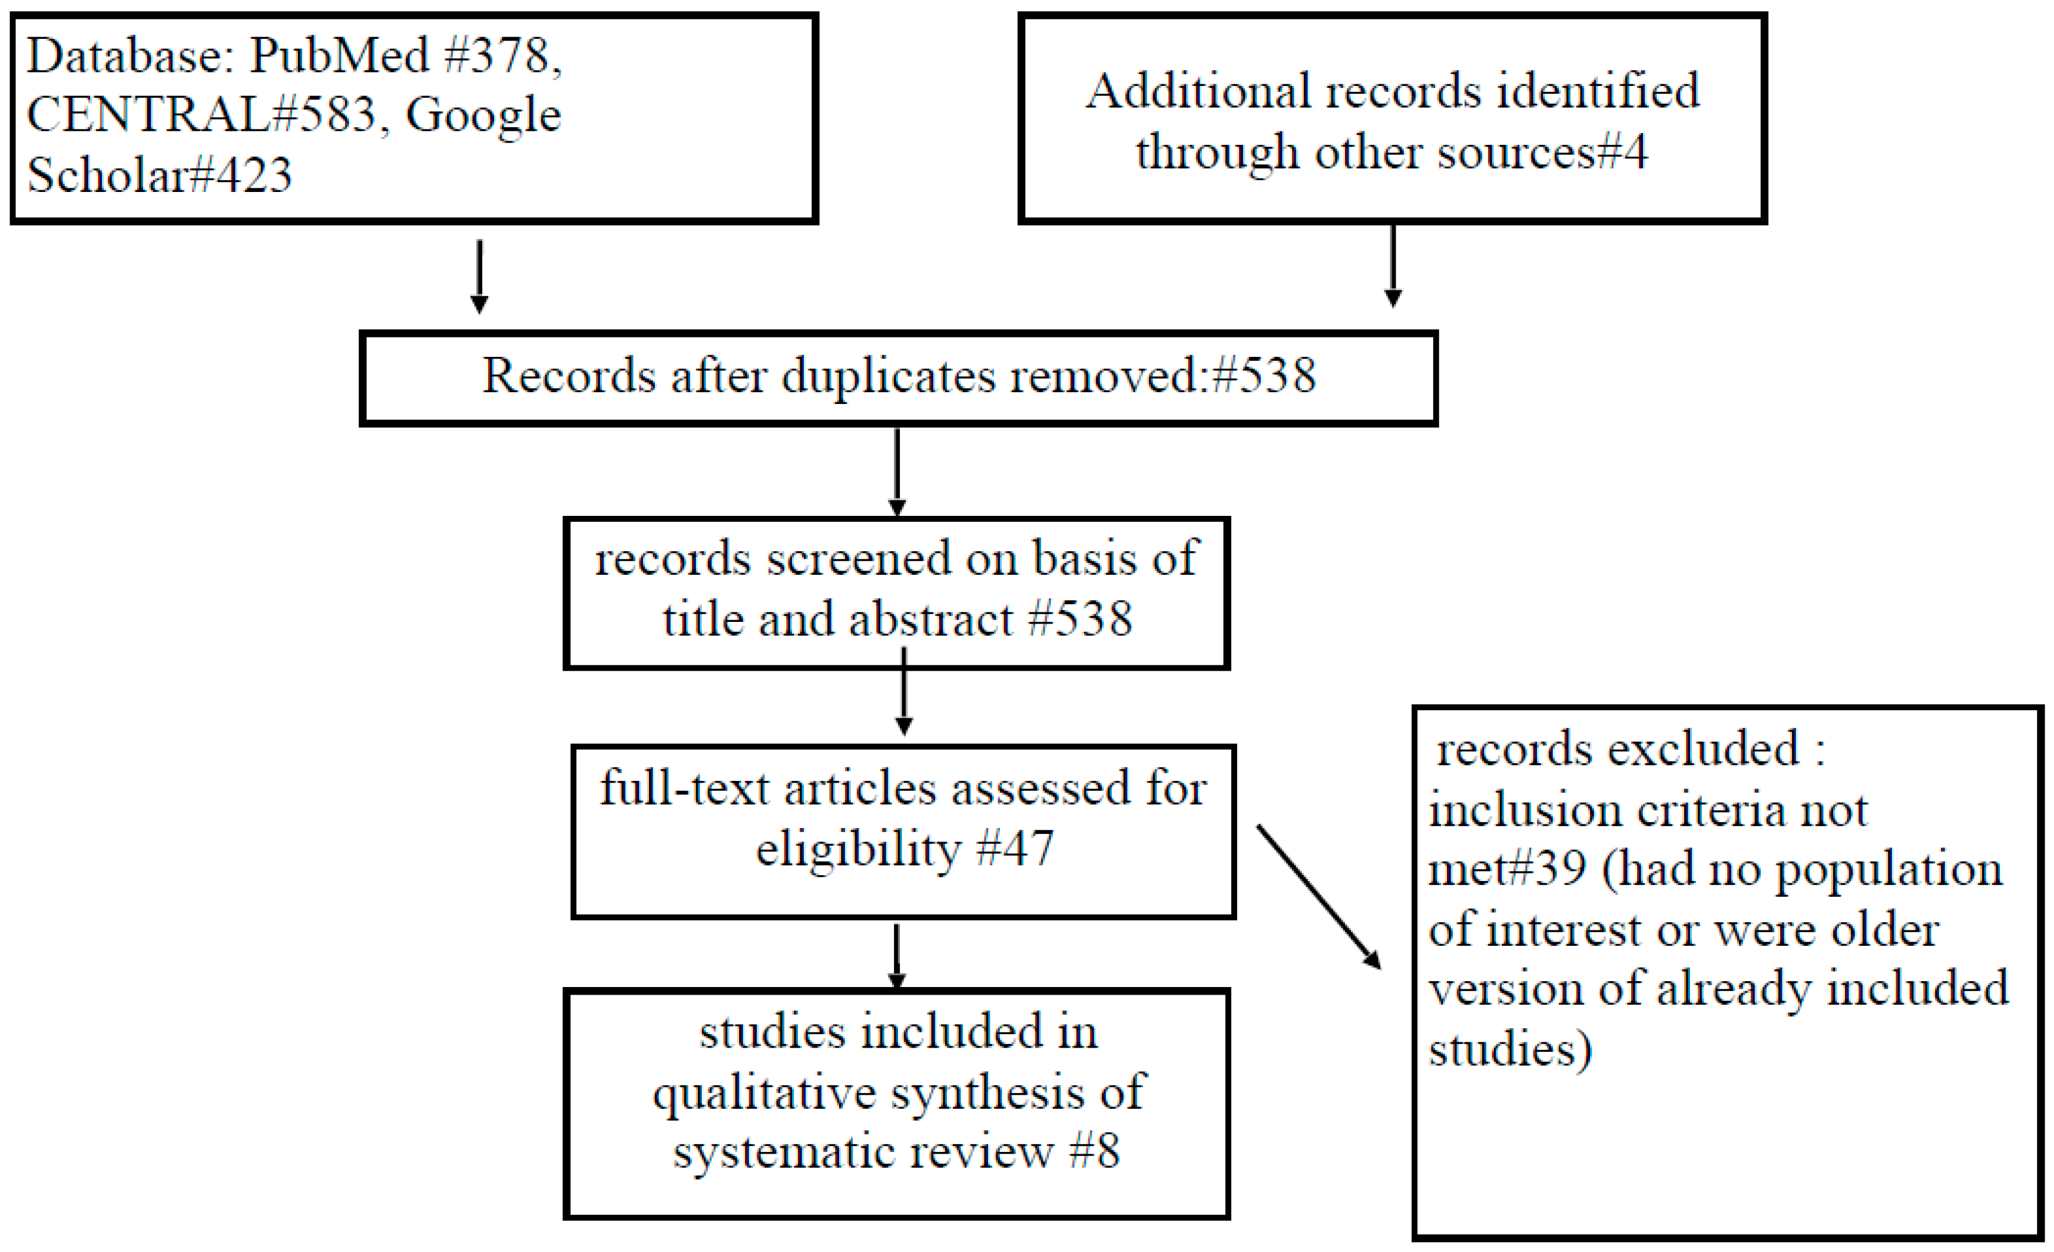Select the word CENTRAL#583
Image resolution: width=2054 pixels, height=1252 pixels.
tap(201, 115)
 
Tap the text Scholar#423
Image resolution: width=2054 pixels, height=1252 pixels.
tap(159, 175)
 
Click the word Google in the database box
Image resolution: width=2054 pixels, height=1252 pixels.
tap(483, 115)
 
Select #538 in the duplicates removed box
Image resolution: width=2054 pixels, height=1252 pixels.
tap(1264, 375)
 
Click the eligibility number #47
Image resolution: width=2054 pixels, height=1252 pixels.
tap(1015, 849)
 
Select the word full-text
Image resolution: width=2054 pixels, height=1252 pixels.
tap(684, 789)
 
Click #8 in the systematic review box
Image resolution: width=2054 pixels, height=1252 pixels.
tap(1095, 1151)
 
